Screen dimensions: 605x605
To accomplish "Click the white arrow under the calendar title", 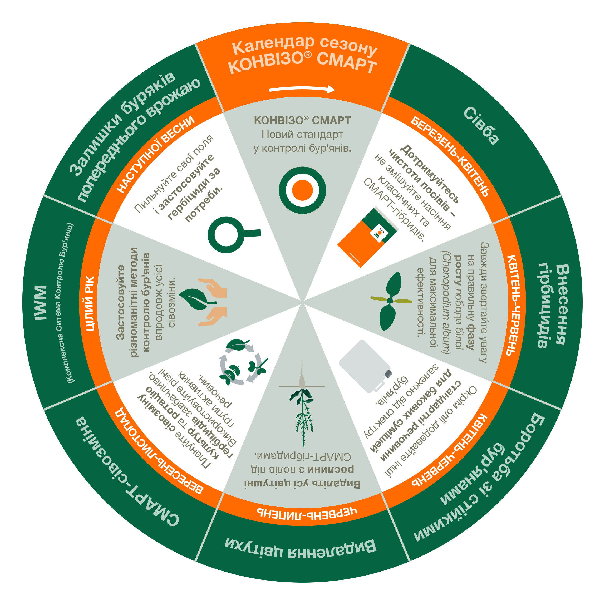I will point(302,90).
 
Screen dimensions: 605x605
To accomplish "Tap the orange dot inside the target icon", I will point(302,190).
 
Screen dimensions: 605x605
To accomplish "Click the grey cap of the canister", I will point(388,373).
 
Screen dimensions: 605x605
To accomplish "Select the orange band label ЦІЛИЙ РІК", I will point(90,303).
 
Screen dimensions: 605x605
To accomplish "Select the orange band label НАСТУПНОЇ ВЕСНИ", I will point(156,154).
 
